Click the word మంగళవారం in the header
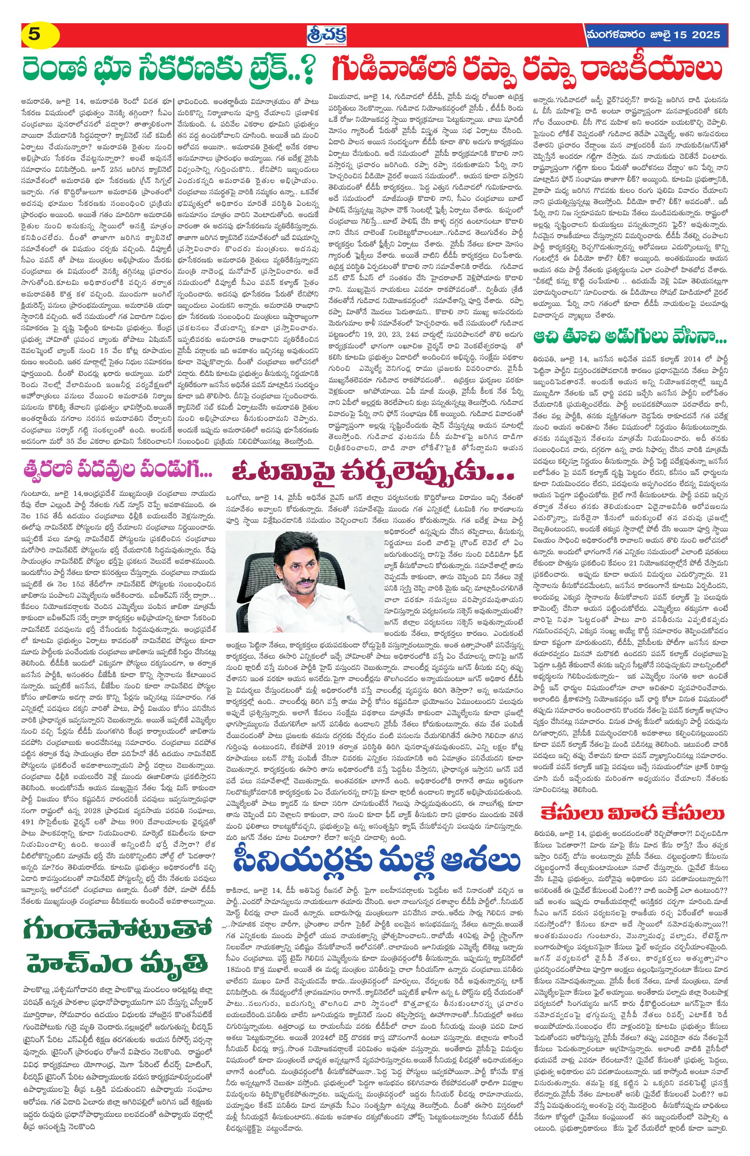tap(614, 35)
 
